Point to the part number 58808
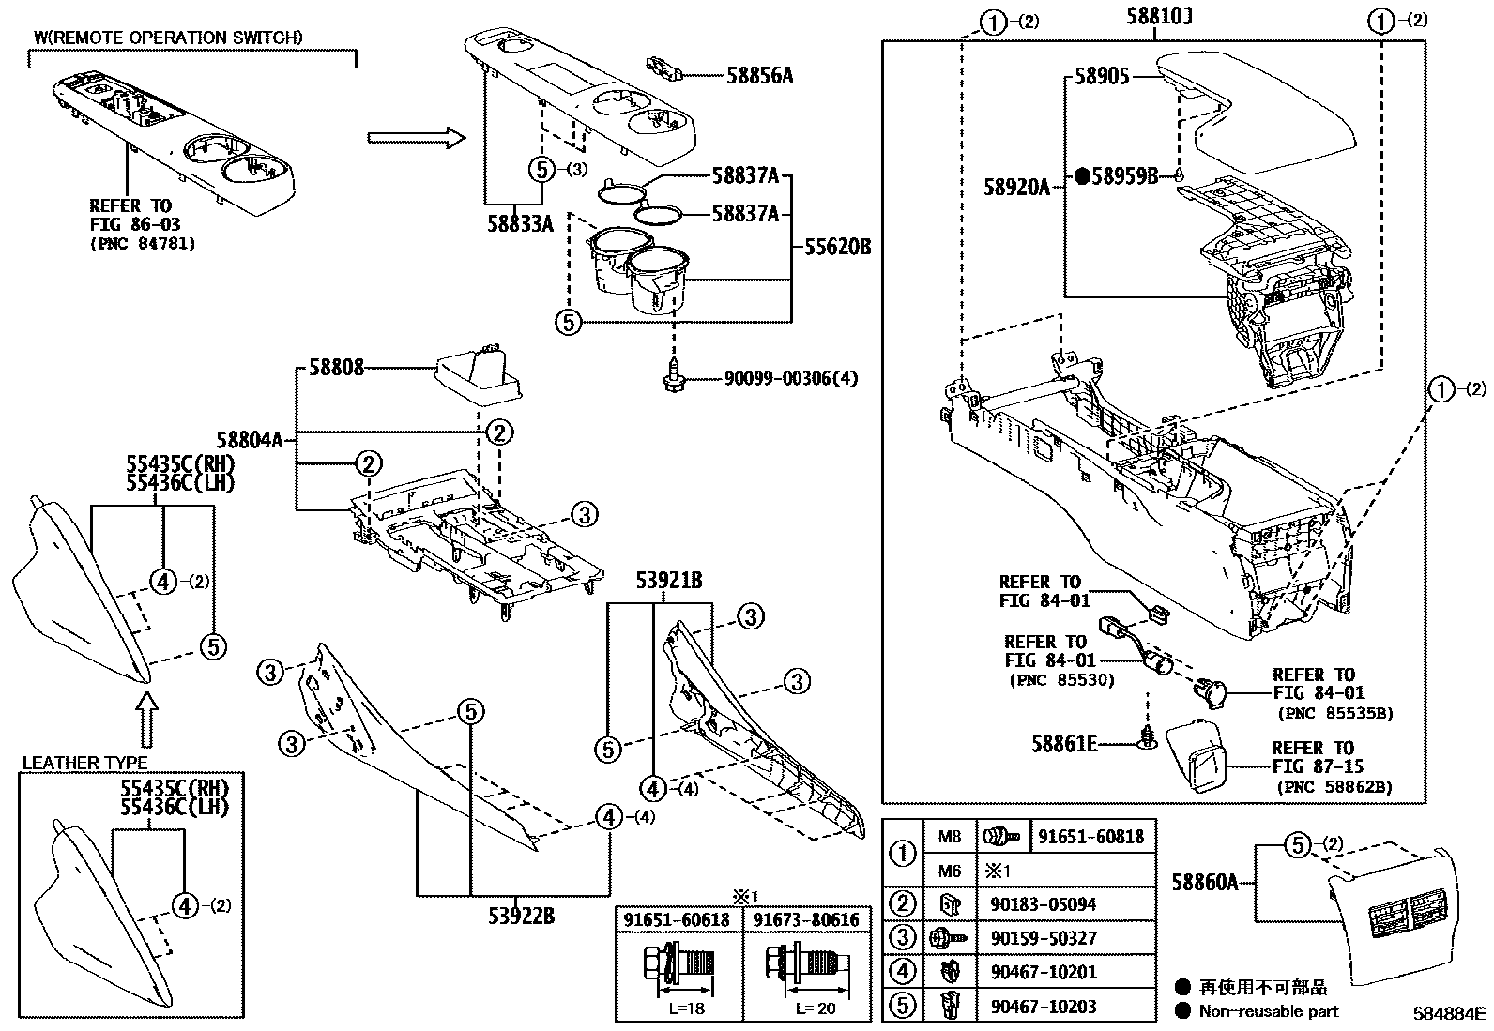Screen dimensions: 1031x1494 pos(336,369)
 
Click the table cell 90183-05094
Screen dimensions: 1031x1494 pos(1043,904)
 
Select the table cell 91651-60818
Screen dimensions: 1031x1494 pos(1091,836)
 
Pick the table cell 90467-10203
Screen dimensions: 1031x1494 pos(1043,1006)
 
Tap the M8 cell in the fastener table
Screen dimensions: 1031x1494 pos(949,836)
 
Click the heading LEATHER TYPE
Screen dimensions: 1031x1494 pos(84,763)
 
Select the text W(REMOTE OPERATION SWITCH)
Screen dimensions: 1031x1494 pos(169,38)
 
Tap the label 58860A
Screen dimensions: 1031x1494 pos(1205,881)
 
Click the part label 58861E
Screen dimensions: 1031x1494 pos(1064,744)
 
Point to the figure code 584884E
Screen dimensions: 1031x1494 pos(1451,1014)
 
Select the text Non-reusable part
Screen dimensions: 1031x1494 pos(1269,1010)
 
